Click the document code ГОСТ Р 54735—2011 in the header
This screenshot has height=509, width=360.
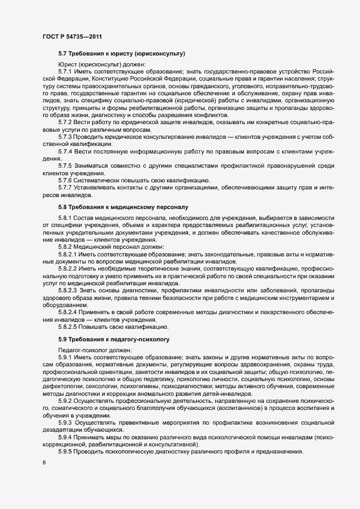[x=72, y=37]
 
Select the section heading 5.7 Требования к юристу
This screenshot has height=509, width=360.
[x=121, y=53]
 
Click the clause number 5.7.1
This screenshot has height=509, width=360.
[x=65, y=71]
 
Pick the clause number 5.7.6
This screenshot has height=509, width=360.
[x=65, y=180]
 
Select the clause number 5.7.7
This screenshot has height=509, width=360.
[x=65, y=188]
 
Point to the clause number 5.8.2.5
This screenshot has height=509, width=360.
[x=68, y=327]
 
